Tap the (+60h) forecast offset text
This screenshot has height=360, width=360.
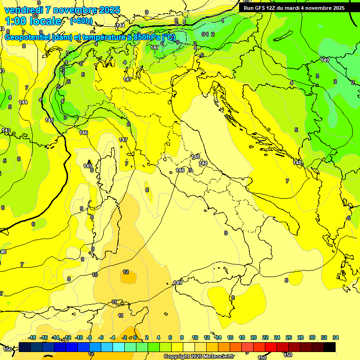pos(81,21)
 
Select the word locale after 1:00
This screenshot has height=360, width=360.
pos(44,21)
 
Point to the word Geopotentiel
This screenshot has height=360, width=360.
pos(28,37)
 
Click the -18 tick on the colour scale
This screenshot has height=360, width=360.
pos(32,337)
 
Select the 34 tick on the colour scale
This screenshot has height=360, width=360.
pos(335,337)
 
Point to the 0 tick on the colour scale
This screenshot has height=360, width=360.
pos(135,337)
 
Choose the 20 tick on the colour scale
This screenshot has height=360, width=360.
pos(254,337)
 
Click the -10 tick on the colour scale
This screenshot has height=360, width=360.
pos(79,337)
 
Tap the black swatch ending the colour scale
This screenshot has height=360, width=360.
pos(329,347)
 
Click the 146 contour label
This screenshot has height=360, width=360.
pos(83,133)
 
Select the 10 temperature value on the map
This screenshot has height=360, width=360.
pos(95,275)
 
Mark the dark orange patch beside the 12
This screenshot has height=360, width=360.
pos(127,277)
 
